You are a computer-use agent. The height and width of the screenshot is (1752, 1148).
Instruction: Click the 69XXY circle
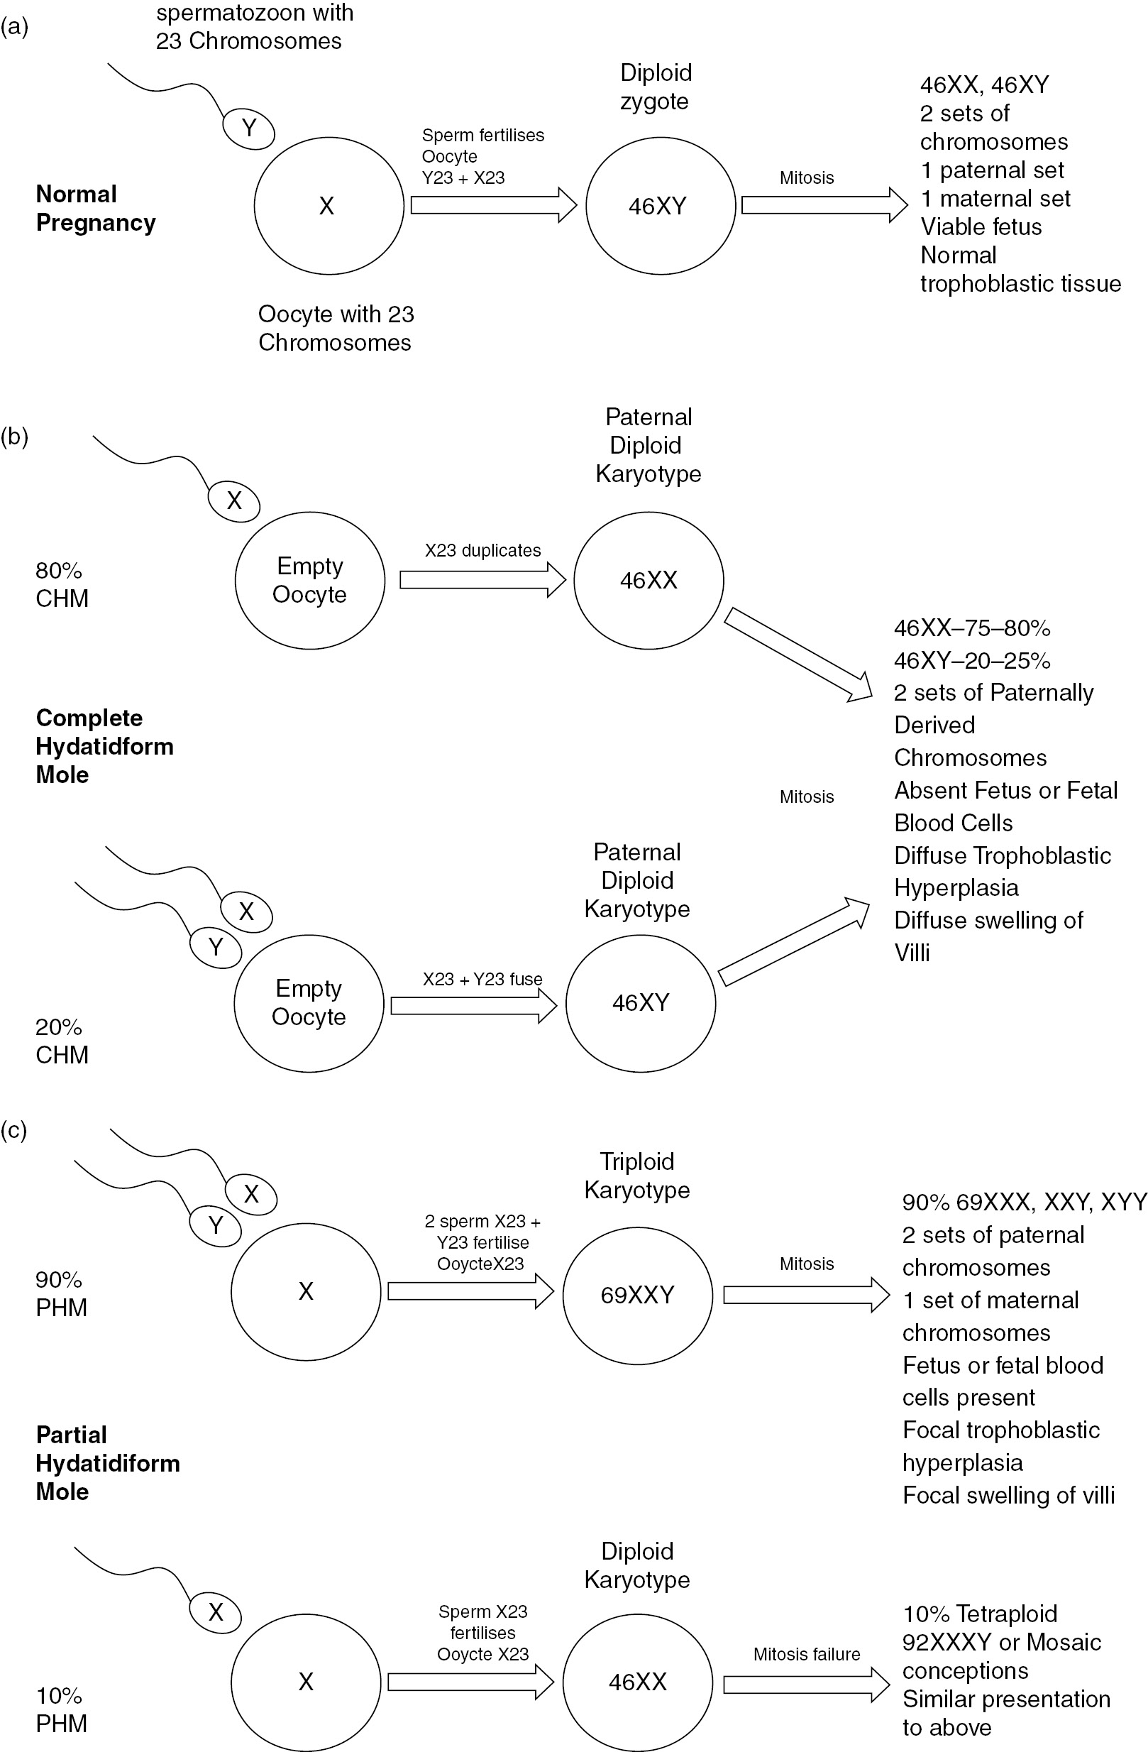point(637,1295)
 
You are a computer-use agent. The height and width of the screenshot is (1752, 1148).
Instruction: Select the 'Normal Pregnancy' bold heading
point(96,208)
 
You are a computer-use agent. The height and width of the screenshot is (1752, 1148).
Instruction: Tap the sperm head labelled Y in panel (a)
point(249,128)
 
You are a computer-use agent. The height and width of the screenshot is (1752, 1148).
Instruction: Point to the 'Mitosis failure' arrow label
point(807,1654)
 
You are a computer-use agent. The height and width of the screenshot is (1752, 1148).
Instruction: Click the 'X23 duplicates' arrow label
point(482,551)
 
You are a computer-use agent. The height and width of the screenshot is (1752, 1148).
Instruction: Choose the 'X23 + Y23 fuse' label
point(482,979)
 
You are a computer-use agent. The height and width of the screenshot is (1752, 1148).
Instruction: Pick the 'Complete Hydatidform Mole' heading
point(104,745)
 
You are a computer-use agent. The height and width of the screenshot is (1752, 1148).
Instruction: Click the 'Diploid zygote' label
point(655,87)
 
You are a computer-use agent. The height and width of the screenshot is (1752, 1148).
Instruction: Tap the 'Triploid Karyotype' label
point(637,1175)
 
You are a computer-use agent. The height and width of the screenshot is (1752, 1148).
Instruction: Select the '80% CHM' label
point(62,584)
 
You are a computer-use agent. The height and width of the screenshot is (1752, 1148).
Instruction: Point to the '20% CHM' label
point(62,1041)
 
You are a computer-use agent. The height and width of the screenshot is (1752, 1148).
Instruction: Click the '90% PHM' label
point(61,1293)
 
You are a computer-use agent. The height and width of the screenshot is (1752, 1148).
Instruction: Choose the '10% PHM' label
point(61,1709)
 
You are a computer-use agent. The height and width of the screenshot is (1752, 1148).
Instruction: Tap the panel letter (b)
point(14,437)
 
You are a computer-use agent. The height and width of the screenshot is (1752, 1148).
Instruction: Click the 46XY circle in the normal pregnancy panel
point(660,206)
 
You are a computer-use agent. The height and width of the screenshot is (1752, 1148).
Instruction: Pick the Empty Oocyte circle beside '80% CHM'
point(310,580)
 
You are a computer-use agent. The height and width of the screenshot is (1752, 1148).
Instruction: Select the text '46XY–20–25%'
point(971,660)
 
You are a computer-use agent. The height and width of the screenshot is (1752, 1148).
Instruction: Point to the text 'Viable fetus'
point(981,226)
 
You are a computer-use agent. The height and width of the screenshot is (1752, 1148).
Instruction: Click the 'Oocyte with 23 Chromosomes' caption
point(336,328)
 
